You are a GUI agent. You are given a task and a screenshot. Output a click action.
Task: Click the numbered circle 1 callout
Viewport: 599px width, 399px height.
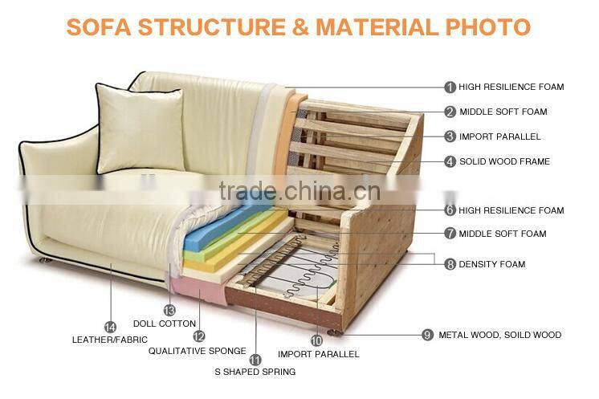tap(450, 87)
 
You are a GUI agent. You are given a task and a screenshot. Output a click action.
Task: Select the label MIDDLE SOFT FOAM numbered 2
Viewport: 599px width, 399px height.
tap(503, 112)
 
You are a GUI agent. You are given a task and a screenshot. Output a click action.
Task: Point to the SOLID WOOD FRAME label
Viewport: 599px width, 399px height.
tap(504, 161)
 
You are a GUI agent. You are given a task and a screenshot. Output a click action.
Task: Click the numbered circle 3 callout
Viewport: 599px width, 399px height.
tap(450, 136)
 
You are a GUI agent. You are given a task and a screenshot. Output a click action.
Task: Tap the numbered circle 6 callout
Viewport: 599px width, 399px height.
tap(450, 210)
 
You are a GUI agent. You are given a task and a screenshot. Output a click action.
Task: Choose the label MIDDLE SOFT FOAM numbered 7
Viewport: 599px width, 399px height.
tap(503, 234)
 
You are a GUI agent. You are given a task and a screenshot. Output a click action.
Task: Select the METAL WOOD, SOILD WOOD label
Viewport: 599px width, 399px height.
tap(499, 335)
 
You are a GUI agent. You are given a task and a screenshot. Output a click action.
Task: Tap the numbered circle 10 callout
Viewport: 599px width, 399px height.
tap(316, 340)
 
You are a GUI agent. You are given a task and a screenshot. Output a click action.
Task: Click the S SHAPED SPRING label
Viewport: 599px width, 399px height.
tap(255, 372)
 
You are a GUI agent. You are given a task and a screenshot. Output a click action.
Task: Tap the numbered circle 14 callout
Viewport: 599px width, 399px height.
tap(111, 327)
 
